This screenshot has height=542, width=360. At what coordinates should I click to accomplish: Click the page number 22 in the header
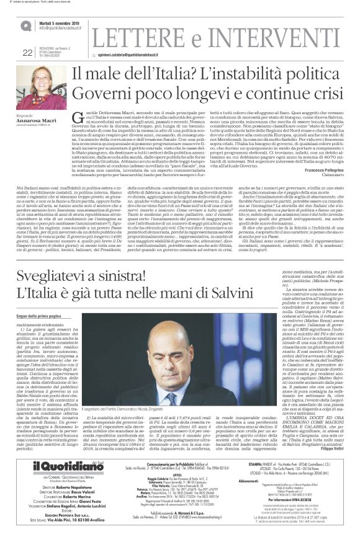pyautogui.click(x=27, y=53)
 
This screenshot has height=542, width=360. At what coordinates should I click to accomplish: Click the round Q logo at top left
pyautogui.click(x=25, y=25)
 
